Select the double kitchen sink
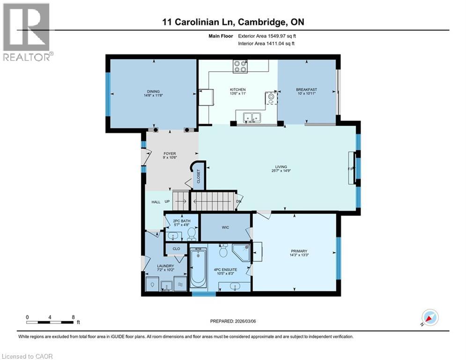(x=251, y=118)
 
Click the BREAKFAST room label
(x=306, y=90)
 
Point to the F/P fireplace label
(x=350, y=169)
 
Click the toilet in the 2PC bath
(x=191, y=233)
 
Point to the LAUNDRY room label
(x=165, y=266)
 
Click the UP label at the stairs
(x=167, y=202)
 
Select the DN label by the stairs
(x=238, y=202)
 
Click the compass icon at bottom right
(x=429, y=317)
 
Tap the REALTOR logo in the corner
(x=27, y=31)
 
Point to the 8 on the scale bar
(x=73, y=317)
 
